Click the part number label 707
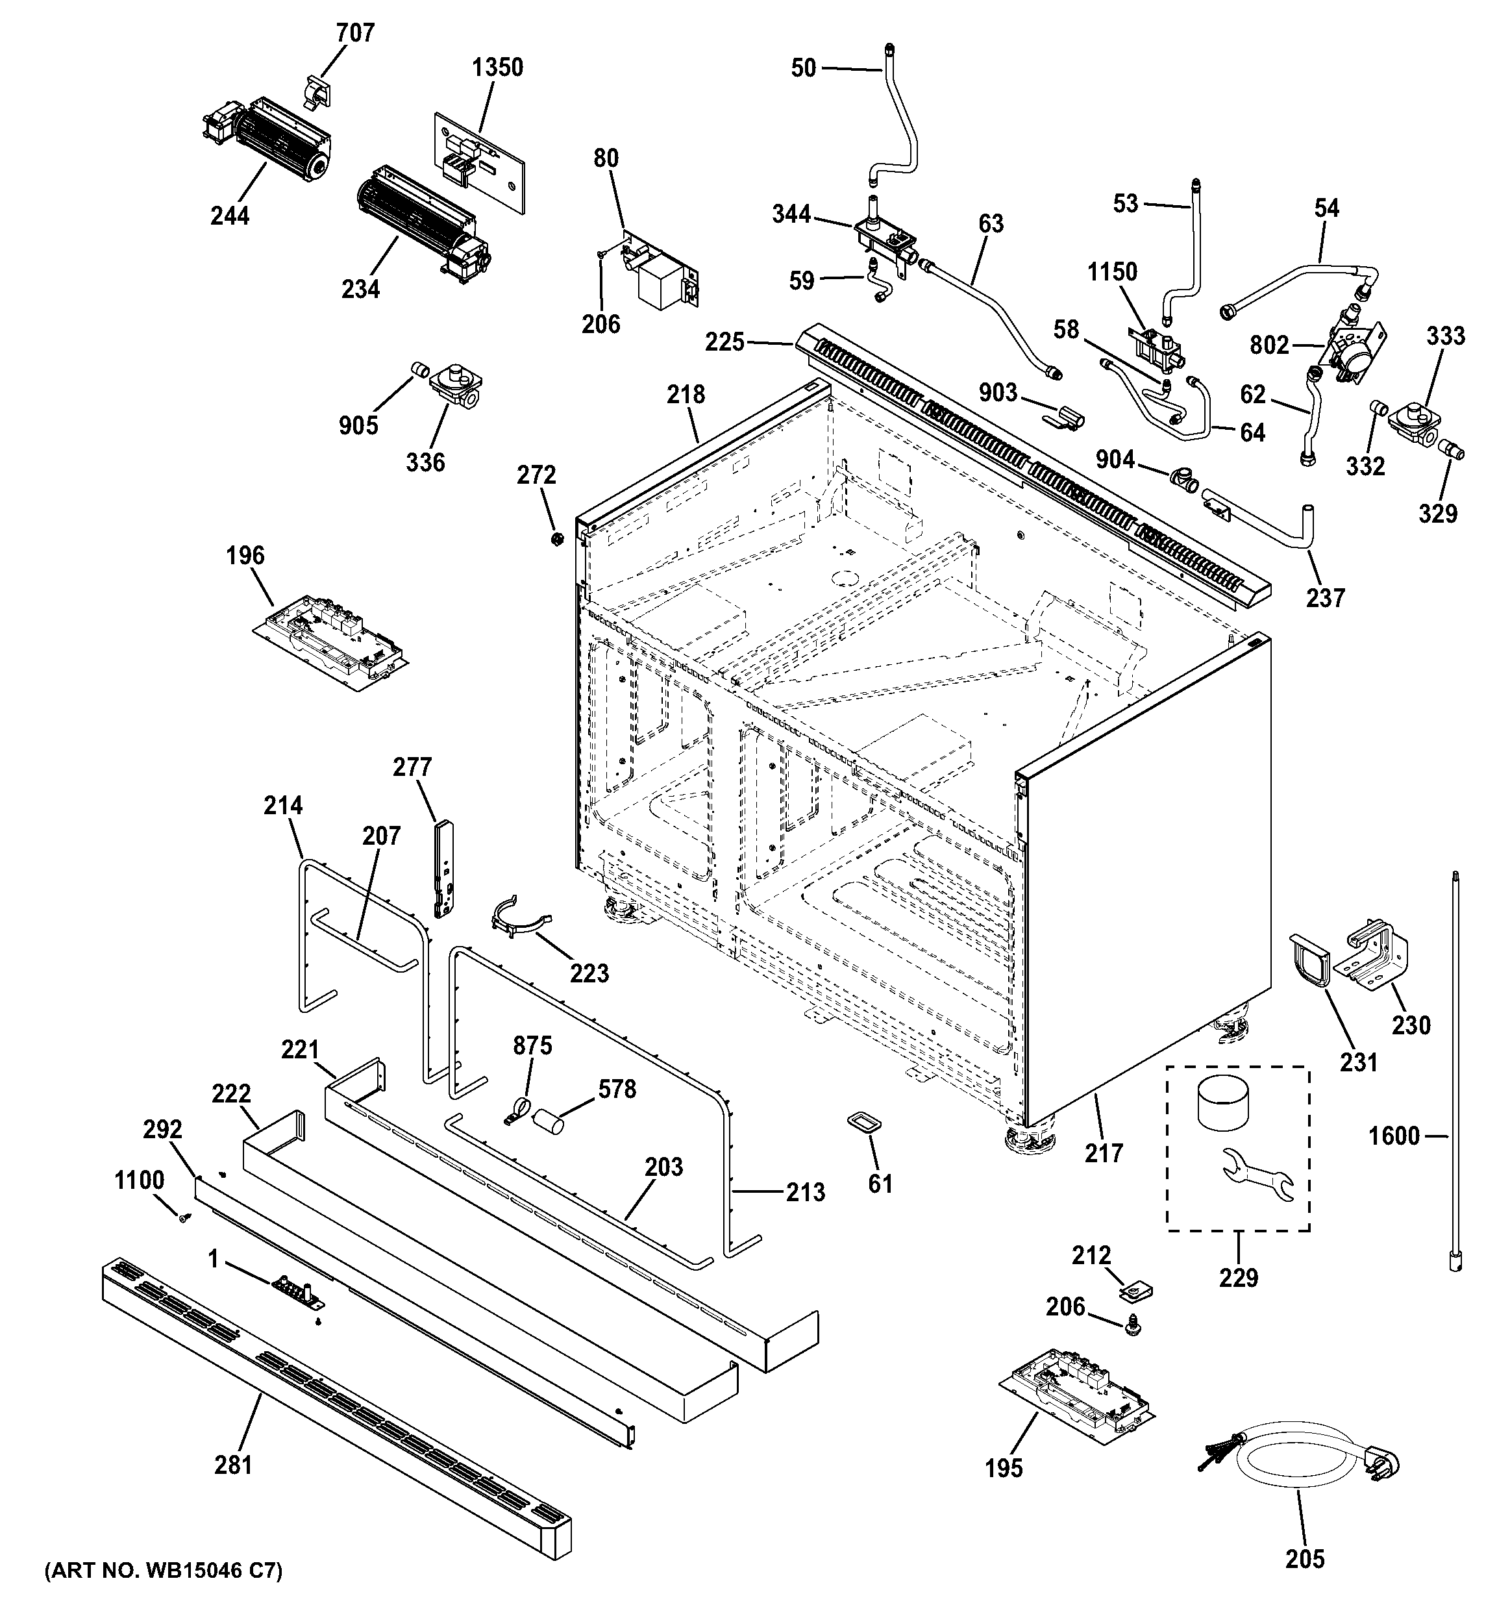click(355, 33)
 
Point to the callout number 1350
click(497, 67)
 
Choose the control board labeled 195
click(1076, 1387)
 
